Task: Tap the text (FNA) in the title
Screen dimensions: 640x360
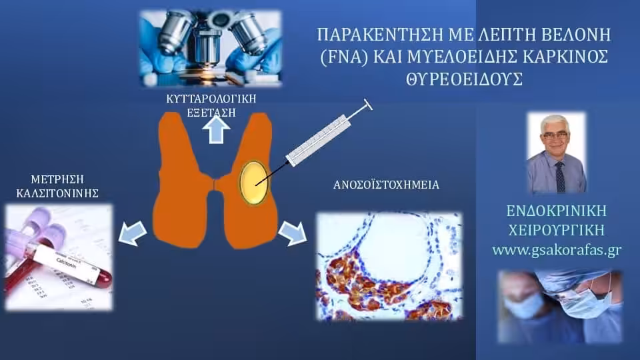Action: coord(344,57)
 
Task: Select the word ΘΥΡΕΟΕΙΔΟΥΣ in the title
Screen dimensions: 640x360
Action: coord(465,79)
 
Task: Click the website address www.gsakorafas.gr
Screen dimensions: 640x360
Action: coord(557,250)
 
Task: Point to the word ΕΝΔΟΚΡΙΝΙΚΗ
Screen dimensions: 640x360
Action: coord(557,211)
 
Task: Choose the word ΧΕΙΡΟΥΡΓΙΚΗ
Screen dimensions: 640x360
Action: coord(557,230)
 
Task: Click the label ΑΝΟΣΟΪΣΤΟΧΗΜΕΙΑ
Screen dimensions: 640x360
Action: coord(386,185)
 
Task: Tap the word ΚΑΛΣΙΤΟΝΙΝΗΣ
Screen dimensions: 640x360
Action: coord(57,193)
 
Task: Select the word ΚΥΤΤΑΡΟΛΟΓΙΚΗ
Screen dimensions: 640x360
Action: coord(211,99)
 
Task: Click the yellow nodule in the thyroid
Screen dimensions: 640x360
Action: coord(253,183)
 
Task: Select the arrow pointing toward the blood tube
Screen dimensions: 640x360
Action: coord(133,233)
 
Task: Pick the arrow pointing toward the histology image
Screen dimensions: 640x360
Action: coord(293,233)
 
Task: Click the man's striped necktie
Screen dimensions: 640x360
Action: coord(561,177)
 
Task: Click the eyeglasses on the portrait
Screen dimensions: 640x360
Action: coord(555,135)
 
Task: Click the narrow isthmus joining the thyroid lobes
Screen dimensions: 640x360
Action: coord(215,183)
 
